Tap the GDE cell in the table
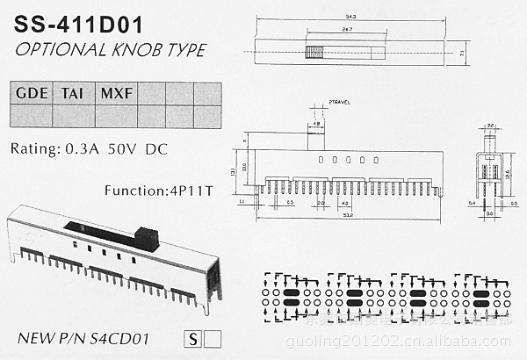click(x=31, y=92)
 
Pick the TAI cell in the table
click(x=73, y=92)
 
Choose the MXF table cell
click(x=116, y=92)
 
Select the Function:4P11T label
click(x=158, y=190)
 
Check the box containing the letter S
click(x=192, y=336)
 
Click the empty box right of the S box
click(x=212, y=336)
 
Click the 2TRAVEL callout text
click(x=338, y=103)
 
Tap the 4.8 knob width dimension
click(x=314, y=124)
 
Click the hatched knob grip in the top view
click(x=311, y=53)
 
